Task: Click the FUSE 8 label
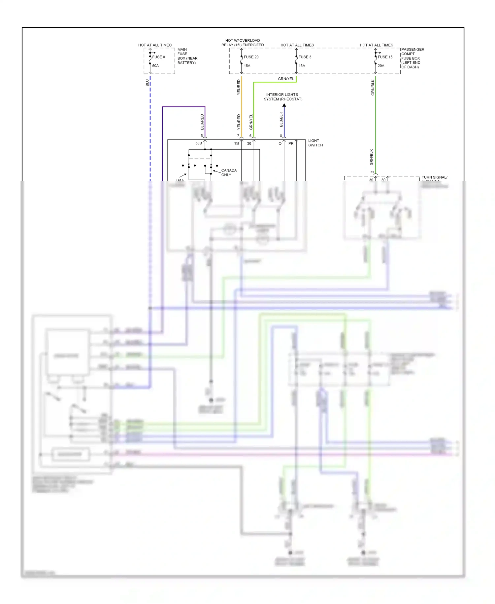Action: (158, 57)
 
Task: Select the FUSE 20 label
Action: (251, 57)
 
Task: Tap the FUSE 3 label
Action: (305, 57)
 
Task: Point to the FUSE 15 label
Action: (385, 57)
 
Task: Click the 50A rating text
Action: (155, 66)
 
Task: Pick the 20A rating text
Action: (381, 66)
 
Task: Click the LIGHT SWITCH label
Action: (315, 143)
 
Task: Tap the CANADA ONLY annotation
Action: (229, 172)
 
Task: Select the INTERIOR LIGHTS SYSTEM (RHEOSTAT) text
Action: (282, 97)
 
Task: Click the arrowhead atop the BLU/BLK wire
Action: (284, 105)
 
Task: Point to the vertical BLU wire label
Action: (147, 83)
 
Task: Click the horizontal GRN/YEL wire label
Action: (285, 79)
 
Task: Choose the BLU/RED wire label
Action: (202, 122)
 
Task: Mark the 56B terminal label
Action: (198, 143)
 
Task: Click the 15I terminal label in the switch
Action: (236, 143)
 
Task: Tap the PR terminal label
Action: (291, 143)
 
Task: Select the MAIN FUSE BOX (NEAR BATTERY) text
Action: (187, 56)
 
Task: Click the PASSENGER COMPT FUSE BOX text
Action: (412, 58)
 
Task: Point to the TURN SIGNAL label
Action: (434, 177)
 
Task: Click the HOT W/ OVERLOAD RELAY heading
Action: (243, 43)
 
